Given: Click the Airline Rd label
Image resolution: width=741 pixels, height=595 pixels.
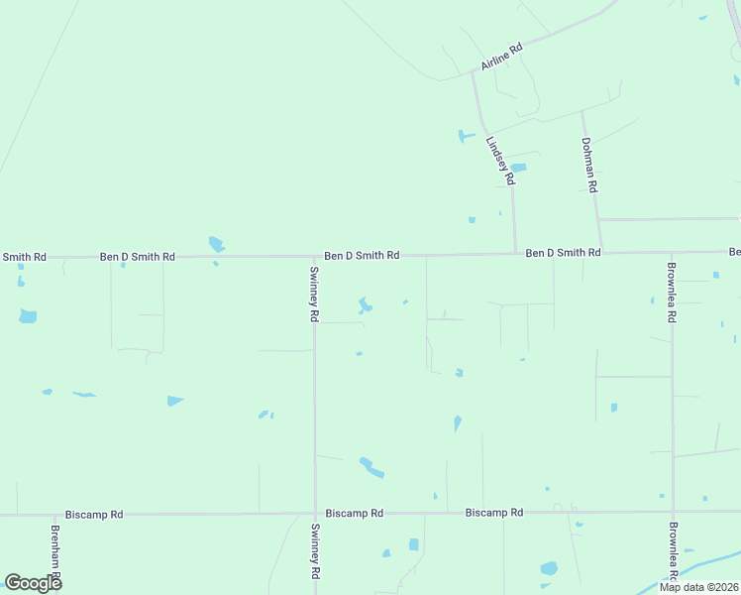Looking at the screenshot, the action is [501, 56].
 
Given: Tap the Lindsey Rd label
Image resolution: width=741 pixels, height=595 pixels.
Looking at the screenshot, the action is [499, 162].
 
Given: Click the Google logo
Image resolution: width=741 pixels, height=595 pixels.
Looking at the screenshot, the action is [33, 582].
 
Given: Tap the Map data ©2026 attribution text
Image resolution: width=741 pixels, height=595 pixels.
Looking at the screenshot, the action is [698, 587].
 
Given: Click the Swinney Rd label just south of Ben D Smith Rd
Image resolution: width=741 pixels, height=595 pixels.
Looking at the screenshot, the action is [314, 295].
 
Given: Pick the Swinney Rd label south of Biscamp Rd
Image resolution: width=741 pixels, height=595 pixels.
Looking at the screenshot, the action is [315, 552].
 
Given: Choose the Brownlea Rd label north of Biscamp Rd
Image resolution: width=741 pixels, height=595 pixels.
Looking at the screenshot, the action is [671, 295].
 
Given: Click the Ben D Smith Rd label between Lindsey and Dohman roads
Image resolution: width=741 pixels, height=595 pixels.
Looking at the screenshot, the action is [563, 253].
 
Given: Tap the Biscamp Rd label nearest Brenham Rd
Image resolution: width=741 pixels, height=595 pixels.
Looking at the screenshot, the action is [94, 515].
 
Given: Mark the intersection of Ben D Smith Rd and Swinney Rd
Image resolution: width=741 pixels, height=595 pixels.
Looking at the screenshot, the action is [314, 256].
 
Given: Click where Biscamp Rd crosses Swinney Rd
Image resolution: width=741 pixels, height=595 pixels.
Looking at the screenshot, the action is [315, 514].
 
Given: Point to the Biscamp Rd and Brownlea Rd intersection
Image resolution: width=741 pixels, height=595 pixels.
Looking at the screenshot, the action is [673, 512].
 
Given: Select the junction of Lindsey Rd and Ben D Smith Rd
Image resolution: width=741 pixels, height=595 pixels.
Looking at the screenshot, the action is [515, 254].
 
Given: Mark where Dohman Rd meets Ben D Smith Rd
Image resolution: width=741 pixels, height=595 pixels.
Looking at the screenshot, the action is [599, 253].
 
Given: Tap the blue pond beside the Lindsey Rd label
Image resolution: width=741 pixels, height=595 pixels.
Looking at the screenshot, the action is [517, 168].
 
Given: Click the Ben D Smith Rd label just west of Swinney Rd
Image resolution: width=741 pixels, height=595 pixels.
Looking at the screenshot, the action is [138, 257].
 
